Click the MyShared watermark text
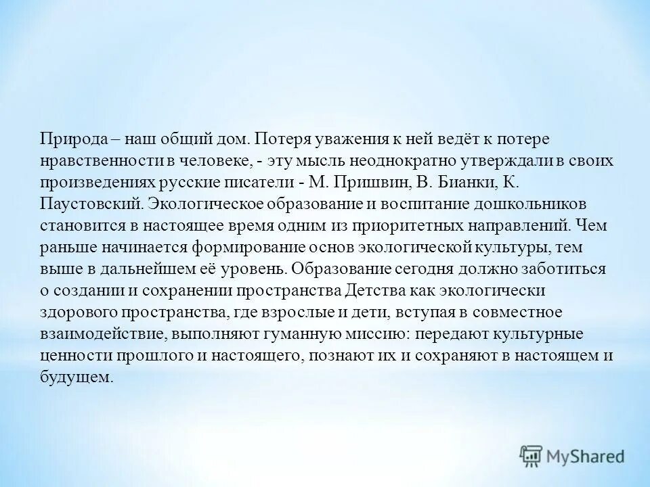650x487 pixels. (586, 457)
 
